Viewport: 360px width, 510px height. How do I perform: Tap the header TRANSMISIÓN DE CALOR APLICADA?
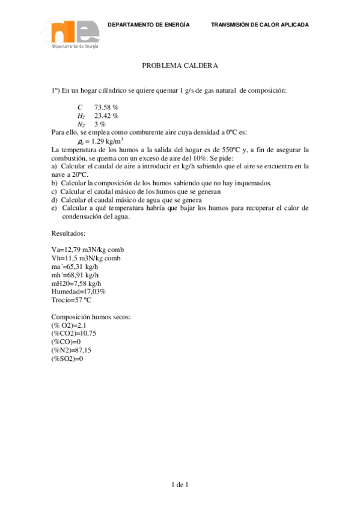260,25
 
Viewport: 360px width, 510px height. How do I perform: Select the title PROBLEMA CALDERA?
180,66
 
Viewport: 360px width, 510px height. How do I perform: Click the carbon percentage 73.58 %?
106,107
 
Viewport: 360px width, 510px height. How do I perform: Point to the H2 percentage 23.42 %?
106,115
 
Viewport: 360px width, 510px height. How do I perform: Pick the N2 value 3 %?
100,124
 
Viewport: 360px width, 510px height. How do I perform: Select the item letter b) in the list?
55,183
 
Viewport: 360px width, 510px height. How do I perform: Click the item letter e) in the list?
55,208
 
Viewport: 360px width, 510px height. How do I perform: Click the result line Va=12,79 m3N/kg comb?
88,250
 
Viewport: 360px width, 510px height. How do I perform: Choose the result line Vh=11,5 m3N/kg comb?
87,258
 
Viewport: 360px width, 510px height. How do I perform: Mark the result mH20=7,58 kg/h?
76,283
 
